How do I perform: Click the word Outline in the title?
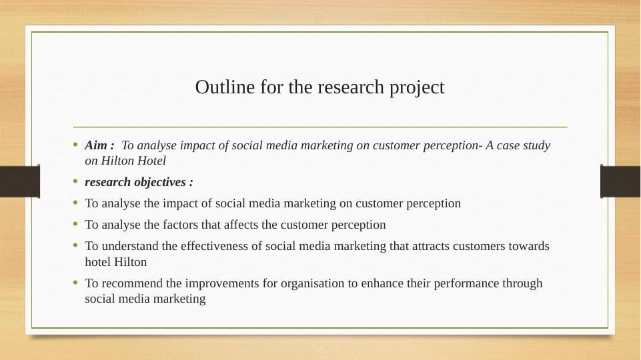click(x=225, y=87)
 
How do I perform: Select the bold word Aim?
click(x=97, y=145)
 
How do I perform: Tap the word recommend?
click(x=131, y=283)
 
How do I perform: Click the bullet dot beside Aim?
click(x=75, y=144)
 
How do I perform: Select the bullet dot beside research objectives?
click(x=75, y=181)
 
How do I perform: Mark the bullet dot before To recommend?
click(x=75, y=283)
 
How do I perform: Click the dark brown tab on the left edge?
click(x=20, y=181)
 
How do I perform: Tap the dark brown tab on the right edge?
click(x=620, y=181)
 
